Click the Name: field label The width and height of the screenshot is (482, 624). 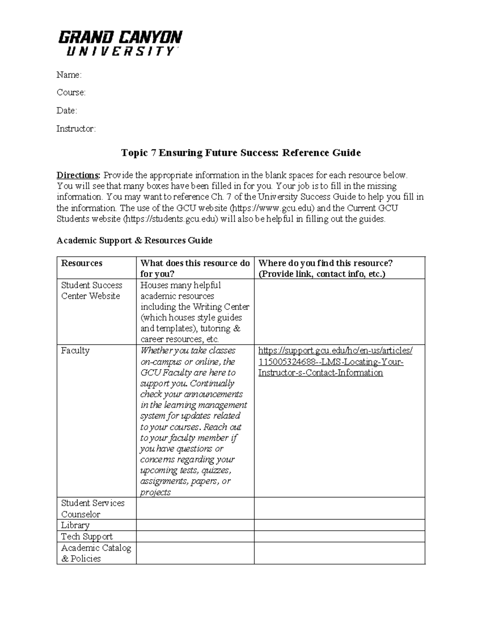click(x=69, y=75)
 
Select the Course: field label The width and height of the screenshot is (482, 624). click(x=71, y=92)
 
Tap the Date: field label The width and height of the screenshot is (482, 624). click(x=67, y=110)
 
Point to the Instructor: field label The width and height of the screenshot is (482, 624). click(x=76, y=129)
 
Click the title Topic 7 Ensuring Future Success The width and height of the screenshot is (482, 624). click(x=241, y=153)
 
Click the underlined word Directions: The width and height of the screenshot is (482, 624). click(x=78, y=175)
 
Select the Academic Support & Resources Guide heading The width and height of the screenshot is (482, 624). click(x=134, y=240)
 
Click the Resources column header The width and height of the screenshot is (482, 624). click(x=82, y=263)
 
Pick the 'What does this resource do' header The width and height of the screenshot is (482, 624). click(x=195, y=268)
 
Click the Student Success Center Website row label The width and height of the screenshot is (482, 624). click(x=91, y=291)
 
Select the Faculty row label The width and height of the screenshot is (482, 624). click(x=75, y=350)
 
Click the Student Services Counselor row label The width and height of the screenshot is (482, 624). click(x=92, y=508)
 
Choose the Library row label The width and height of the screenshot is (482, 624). click(x=75, y=525)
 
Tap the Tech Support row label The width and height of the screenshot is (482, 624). click(x=87, y=536)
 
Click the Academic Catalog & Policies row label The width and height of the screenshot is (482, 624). click(x=96, y=553)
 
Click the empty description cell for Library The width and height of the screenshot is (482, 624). click(x=195, y=525)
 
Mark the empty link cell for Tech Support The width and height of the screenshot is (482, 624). click(x=339, y=536)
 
